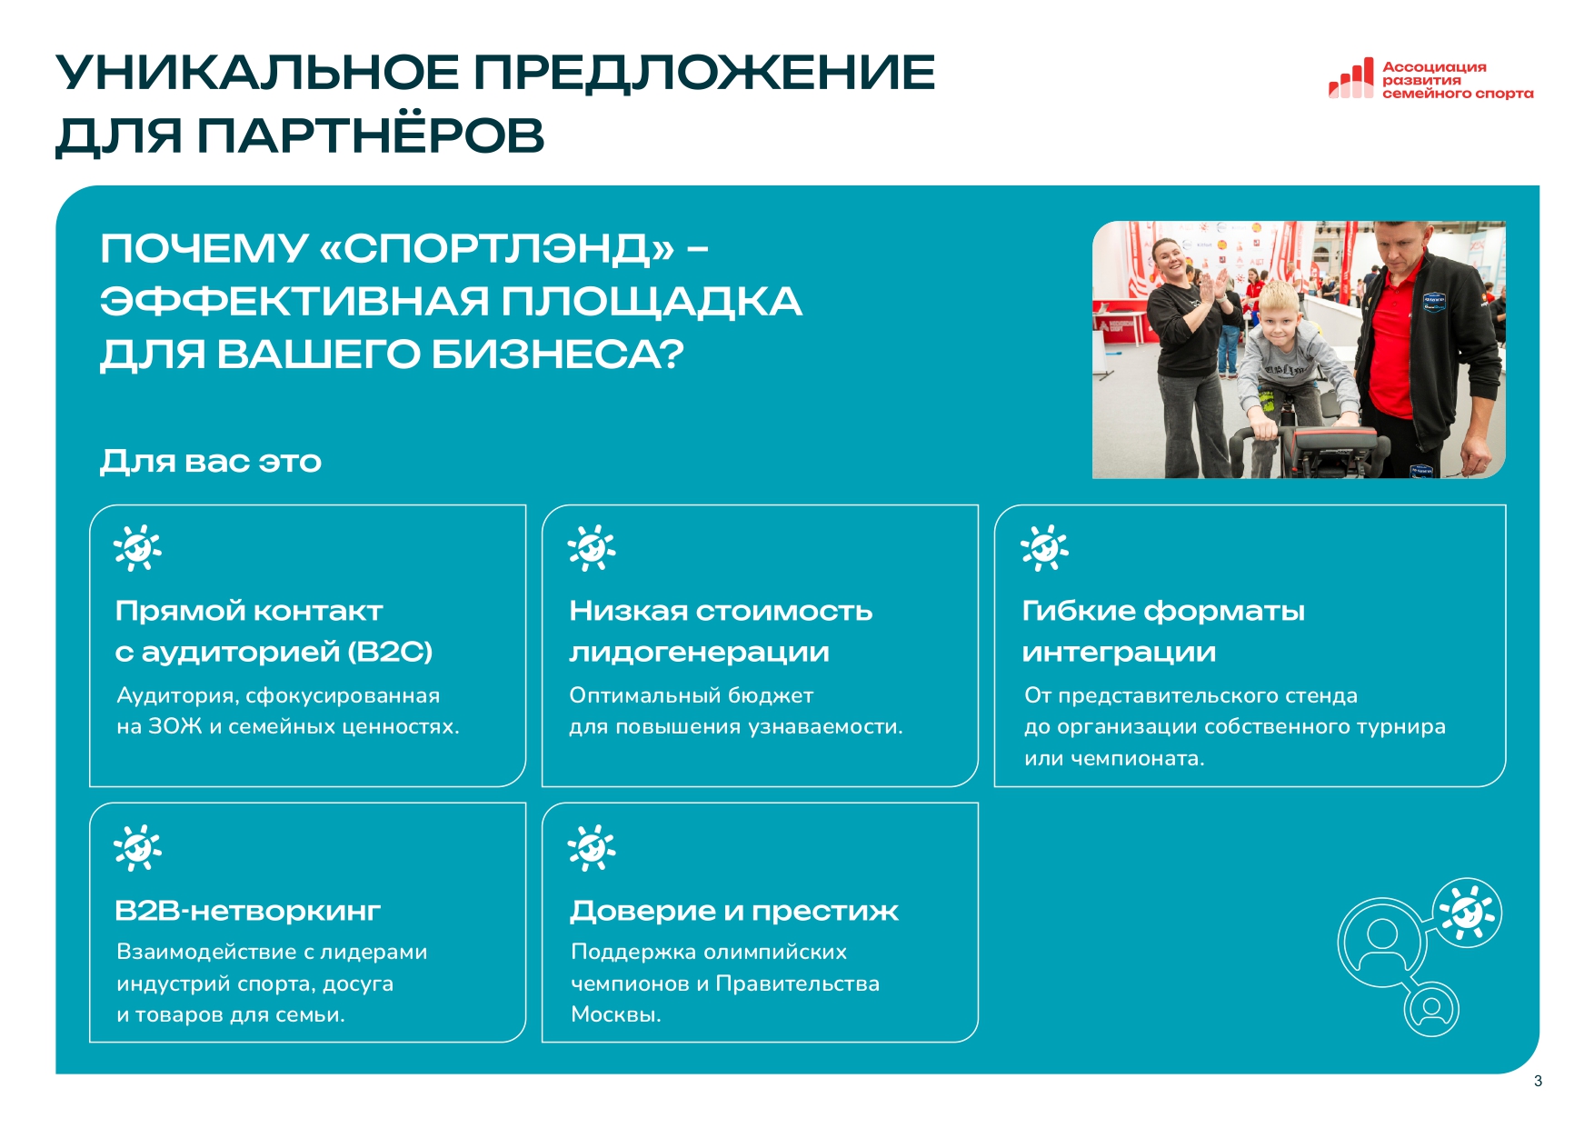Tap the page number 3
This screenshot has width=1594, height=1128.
tap(1538, 1081)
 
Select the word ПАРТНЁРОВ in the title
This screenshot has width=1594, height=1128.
tap(370, 135)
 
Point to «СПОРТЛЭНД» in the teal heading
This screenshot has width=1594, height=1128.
tap(497, 248)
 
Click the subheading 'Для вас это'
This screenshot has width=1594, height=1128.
tap(211, 461)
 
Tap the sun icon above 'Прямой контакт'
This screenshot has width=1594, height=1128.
tap(137, 548)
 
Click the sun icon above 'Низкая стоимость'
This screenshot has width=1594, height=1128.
tap(591, 548)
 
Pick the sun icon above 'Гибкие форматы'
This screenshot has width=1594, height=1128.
tap(1044, 548)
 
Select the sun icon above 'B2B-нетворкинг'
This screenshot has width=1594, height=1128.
tap(137, 848)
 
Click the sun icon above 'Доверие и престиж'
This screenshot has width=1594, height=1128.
tap(591, 848)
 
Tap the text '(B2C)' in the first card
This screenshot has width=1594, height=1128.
tap(391, 652)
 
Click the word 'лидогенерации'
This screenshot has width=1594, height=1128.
tap(699, 653)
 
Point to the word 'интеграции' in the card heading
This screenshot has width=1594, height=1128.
tap(1119, 653)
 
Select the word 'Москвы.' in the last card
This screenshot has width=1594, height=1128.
tap(616, 1014)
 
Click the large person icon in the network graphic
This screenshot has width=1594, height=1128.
tap(1381, 942)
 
